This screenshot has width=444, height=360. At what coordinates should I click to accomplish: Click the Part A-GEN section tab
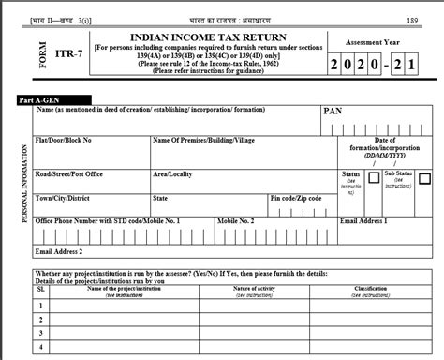40,98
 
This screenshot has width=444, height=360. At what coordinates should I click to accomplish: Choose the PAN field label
333,111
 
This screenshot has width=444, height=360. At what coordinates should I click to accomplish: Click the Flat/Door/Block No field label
64,140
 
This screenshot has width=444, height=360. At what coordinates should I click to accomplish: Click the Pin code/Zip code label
295,198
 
